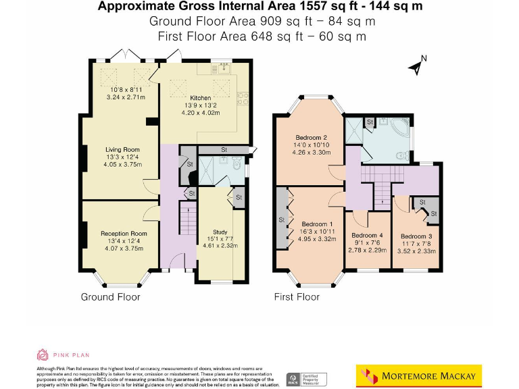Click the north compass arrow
tap(418, 65)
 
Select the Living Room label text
tap(122, 150)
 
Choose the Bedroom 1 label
tap(317, 224)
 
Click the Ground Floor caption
tap(111, 297)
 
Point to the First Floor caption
tap(297, 297)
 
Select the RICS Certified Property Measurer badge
tap(307, 378)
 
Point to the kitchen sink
tap(222, 69)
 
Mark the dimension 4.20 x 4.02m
tap(201, 113)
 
